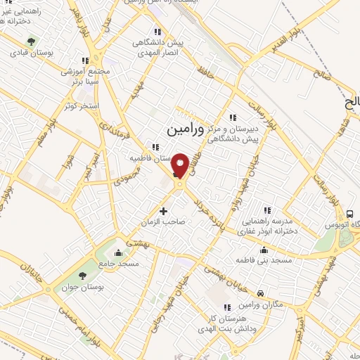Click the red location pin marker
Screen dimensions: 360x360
point(180,165)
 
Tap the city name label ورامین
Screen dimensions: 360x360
point(186,129)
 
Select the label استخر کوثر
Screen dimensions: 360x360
point(78,105)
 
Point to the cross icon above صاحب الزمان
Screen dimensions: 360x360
point(164,210)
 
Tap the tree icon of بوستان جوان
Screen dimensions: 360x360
point(83,275)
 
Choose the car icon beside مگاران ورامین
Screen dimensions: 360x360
point(260,293)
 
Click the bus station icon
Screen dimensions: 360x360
point(349,213)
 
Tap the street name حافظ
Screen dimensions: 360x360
point(205,71)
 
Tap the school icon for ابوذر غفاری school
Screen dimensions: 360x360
point(266,210)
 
